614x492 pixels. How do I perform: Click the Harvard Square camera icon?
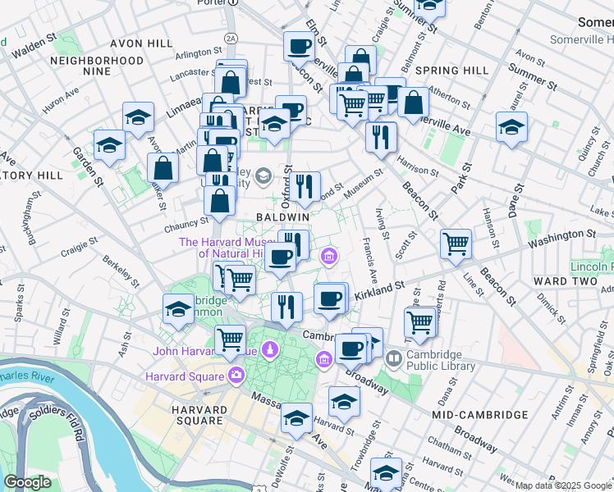(x=237, y=376)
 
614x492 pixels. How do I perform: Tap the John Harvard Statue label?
(x=204, y=351)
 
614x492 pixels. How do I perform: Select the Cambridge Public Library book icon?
(x=394, y=358)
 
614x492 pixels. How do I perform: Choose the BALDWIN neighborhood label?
(x=282, y=216)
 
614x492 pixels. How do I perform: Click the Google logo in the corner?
(x=26, y=482)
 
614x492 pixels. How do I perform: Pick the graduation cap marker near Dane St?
(x=511, y=127)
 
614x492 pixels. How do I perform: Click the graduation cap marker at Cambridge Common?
(x=178, y=309)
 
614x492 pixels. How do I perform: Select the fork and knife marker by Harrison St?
(x=381, y=137)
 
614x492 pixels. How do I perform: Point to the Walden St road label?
(x=34, y=48)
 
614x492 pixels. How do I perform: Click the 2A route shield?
(x=231, y=38)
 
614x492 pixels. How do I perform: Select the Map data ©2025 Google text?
(x=563, y=485)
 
